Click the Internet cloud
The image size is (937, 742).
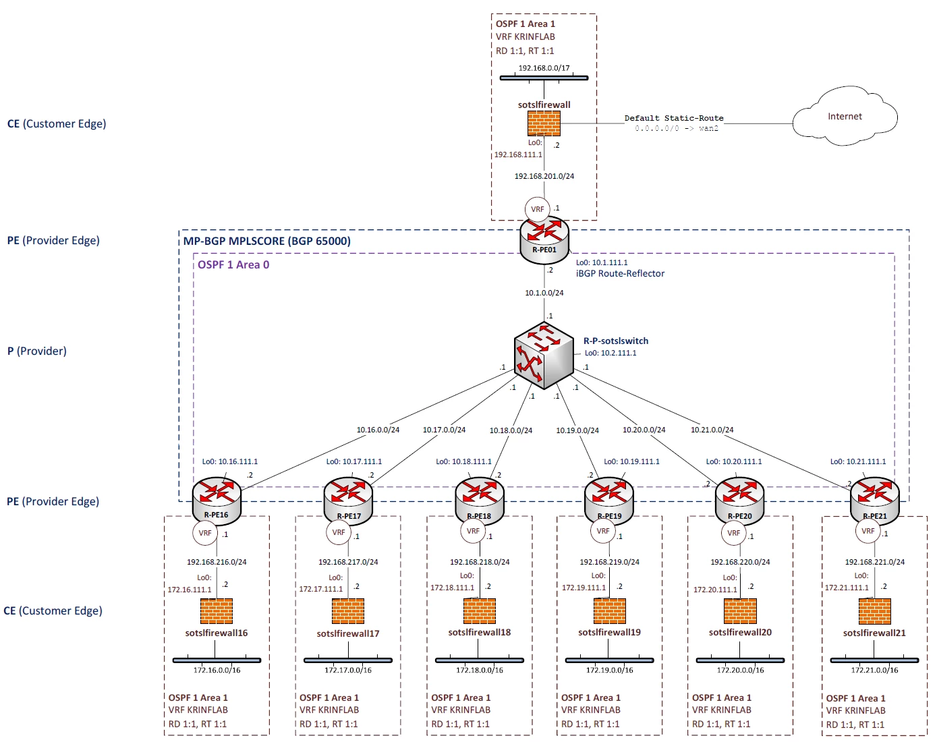coord(845,117)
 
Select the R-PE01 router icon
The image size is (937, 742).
coord(544,240)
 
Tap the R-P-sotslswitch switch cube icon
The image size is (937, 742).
coord(544,355)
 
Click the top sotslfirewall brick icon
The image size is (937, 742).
coord(544,123)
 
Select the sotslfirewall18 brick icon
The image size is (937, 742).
coord(480,611)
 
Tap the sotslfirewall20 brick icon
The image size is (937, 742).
coord(740,611)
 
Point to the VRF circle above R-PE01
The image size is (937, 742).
coord(537,210)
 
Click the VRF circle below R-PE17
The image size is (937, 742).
coord(339,532)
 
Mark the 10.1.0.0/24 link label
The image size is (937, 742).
coord(544,293)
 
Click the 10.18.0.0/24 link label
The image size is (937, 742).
coord(511,430)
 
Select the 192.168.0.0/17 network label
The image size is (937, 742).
coord(544,68)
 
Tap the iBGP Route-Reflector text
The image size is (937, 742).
coord(620,273)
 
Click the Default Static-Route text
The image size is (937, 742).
coord(674,118)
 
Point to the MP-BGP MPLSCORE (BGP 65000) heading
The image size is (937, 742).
coord(267,241)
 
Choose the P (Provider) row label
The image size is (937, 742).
coord(37,351)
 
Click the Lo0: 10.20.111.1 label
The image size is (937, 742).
coord(734,461)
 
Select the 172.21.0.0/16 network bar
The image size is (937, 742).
coord(875,660)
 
